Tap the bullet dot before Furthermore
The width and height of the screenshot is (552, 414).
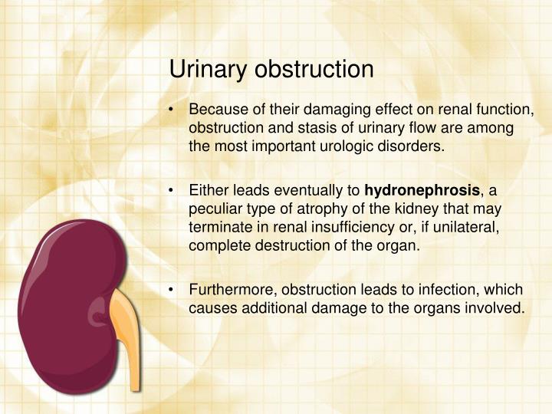pyautogui.click(x=174, y=290)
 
